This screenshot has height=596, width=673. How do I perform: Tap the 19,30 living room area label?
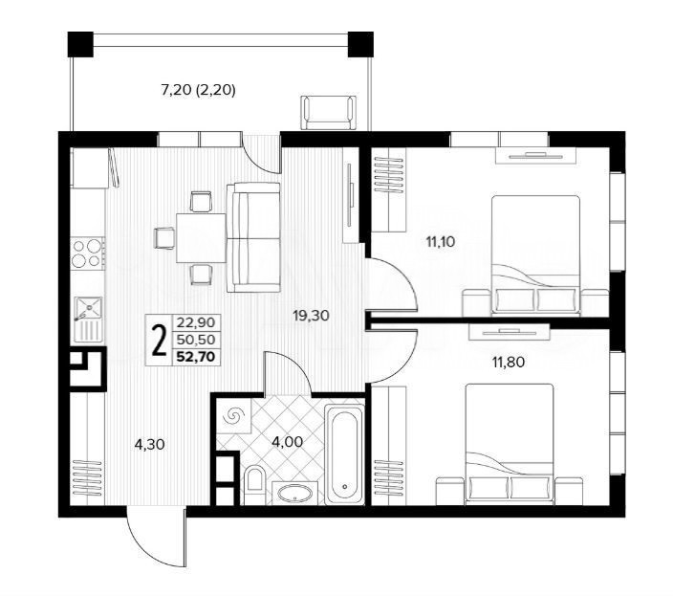[311, 316]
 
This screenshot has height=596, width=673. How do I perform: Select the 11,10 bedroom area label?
[440, 242]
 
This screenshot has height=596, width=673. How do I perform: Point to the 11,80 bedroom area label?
[509, 363]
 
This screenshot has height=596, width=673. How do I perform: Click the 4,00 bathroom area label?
[287, 441]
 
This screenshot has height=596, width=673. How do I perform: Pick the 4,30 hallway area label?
[149, 445]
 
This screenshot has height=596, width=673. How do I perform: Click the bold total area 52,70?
[196, 357]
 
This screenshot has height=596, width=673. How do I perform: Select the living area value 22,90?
[196, 322]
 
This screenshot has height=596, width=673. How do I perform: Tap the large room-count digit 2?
[160, 341]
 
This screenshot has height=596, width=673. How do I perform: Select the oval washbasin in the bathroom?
[294, 493]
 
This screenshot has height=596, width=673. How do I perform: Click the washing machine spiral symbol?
[234, 415]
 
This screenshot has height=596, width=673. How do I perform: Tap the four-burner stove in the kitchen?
[88, 253]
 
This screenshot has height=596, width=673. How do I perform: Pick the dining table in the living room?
[201, 237]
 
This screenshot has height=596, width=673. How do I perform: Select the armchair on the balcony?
[329, 112]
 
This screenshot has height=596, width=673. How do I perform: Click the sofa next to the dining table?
[253, 237]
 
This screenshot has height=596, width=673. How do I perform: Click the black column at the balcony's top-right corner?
[360, 44]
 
